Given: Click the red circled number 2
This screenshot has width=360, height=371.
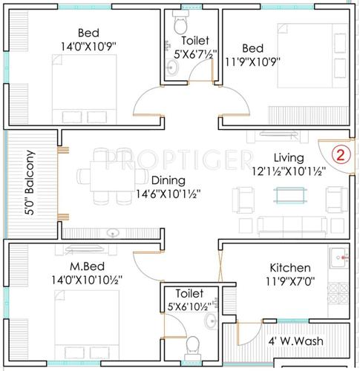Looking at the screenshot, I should pos(339,155).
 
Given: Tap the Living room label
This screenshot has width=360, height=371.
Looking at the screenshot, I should pos(289,157).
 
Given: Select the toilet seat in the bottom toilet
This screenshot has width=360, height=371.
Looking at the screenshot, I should pos(192,345).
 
